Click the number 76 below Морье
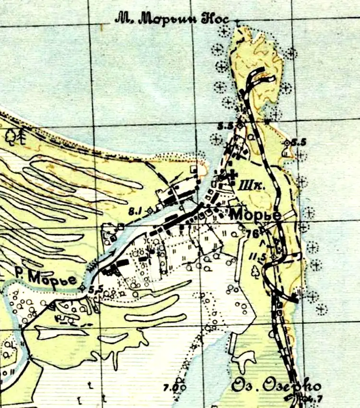252,233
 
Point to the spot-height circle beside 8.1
150,209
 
